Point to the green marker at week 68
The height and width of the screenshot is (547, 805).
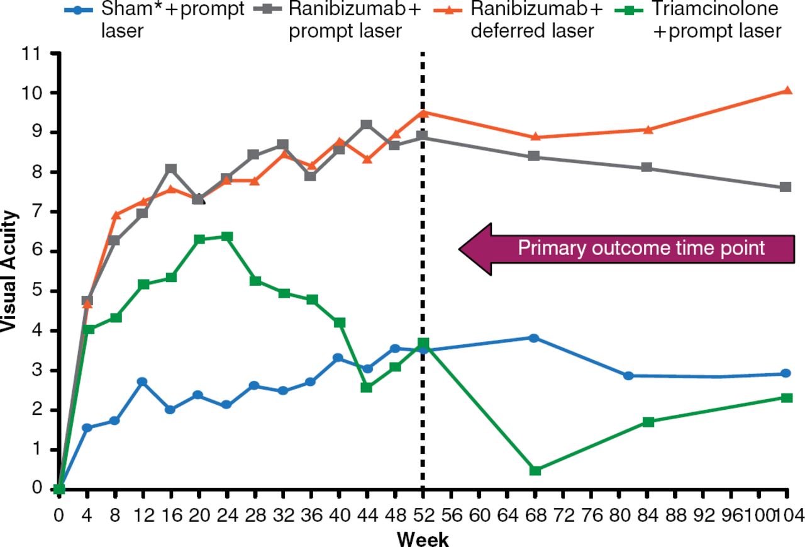(x=535, y=470)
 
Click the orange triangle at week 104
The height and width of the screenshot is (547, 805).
(x=786, y=91)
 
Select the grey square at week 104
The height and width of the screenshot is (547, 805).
(x=786, y=187)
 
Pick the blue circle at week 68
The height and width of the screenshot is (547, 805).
(x=534, y=338)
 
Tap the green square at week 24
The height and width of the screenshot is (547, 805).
(x=228, y=237)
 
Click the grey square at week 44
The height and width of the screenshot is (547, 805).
(x=367, y=125)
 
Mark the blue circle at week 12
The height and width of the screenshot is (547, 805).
(x=142, y=381)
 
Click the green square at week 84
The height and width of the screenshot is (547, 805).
(x=648, y=422)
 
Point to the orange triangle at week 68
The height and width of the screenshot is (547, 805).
(x=535, y=137)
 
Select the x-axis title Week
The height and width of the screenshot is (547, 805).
(x=423, y=539)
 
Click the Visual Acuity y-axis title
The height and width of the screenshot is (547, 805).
(x=9, y=271)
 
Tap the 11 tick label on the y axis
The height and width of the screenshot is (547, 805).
(x=31, y=54)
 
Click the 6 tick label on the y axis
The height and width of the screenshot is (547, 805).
(x=36, y=252)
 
